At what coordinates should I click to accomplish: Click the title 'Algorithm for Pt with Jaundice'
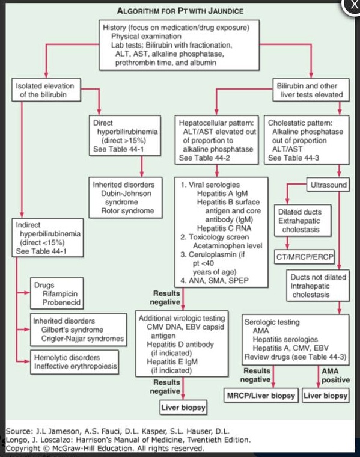pyautogui.click(x=180, y=11)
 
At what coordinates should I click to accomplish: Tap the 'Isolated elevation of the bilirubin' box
pyautogui.click(x=46, y=90)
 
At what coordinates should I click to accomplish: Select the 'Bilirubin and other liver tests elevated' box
pyautogui.click(x=311, y=90)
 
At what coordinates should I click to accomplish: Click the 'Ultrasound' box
pyautogui.click(x=328, y=185)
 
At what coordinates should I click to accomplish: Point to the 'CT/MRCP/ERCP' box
pyautogui.click(x=304, y=257)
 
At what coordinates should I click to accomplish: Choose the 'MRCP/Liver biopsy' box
pyautogui.click(x=261, y=396)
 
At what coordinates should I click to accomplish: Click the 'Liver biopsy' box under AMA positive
pyautogui.click(x=325, y=396)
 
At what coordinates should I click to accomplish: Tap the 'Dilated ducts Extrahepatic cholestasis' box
pyautogui.click(x=303, y=220)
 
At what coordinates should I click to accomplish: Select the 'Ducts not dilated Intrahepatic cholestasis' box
pyautogui.click(x=318, y=286)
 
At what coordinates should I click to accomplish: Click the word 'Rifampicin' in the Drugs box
pyautogui.click(x=60, y=294)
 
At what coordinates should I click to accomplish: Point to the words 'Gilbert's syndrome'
pyautogui.click(x=72, y=330)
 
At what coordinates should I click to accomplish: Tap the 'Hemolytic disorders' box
pyautogui.click(x=75, y=362)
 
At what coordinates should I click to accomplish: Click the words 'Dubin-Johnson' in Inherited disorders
pyautogui.click(x=126, y=194)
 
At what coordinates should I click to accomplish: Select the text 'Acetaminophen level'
pyautogui.click(x=227, y=246)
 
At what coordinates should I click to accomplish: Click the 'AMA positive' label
pyautogui.click(x=335, y=375)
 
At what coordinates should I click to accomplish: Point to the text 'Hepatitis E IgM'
pyautogui.click(x=172, y=362)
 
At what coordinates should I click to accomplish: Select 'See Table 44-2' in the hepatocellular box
pyautogui.click(x=204, y=158)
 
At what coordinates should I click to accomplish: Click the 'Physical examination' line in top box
pyautogui.click(x=146, y=37)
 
